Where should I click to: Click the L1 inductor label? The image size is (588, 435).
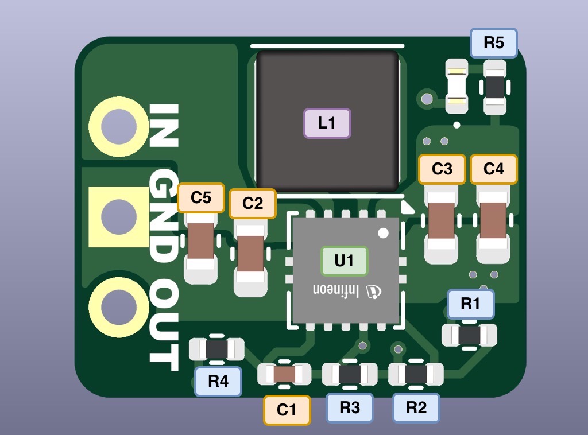point(327,123)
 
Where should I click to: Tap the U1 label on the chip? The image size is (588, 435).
point(344,261)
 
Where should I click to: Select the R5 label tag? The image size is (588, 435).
point(494,43)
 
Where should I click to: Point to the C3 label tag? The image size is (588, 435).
point(442,169)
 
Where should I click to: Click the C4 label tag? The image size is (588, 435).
point(494,169)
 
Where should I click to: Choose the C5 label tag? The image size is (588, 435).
point(201,198)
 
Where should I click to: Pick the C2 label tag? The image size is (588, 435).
point(253,203)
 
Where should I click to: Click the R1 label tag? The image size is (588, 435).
point(470,304)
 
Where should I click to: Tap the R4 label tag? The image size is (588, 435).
point(218,381)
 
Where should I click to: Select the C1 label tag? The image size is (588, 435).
point(287,410)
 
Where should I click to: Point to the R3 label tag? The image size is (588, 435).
point(350,407)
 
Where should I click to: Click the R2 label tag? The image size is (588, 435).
point(416,407)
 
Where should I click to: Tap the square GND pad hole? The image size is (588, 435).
point(119,217)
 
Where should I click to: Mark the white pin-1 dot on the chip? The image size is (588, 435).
point(383,233)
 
